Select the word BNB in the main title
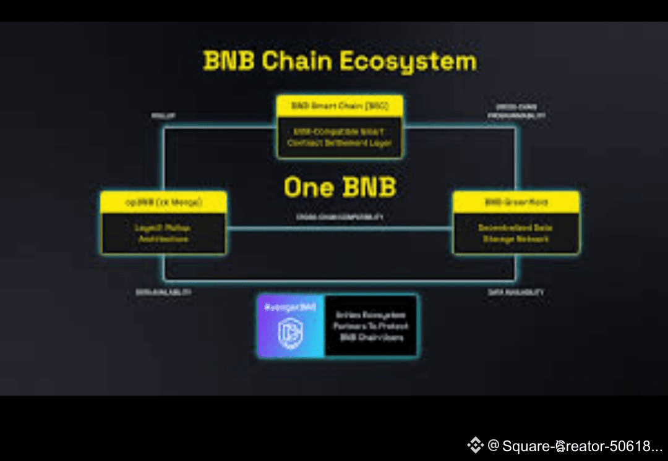click(x=228, y=62)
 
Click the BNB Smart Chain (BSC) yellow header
click(x=340, y=106)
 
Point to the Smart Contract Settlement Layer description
click(x=340, y=137)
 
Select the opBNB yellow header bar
click(x=164, y=202)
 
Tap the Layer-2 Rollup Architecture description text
click(x=164, y=233)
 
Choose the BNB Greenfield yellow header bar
click(x=516, y=202)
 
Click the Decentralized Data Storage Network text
click(x=516, y=233)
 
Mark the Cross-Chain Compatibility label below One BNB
click(x=340, y=218)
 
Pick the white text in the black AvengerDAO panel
click(x=370, y=326)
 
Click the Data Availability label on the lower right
click(x=516, y=292)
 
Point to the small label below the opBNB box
click(x=163, y=292)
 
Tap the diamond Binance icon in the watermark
click(x=475, y=445)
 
